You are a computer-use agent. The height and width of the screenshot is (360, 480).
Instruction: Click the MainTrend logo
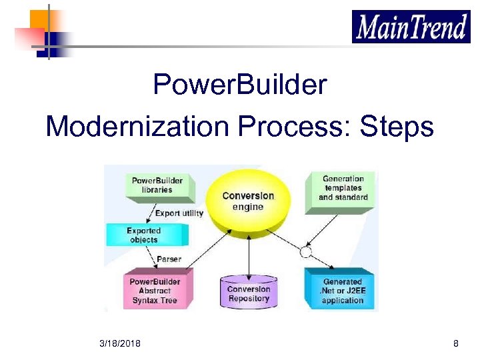411,27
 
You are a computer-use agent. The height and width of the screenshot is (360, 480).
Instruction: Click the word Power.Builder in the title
240,85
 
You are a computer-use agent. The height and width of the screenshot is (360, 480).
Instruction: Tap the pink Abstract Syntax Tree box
155,291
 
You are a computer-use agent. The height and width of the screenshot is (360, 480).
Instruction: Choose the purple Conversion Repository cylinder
248,293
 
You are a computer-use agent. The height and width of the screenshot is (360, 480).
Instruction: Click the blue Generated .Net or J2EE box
341,291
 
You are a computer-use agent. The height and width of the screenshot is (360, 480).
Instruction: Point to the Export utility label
179,213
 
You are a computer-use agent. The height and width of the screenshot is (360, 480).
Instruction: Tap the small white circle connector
306,252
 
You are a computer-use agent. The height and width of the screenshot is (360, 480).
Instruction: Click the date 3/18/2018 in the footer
119,343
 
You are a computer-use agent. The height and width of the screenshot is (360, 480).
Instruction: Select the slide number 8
455,343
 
